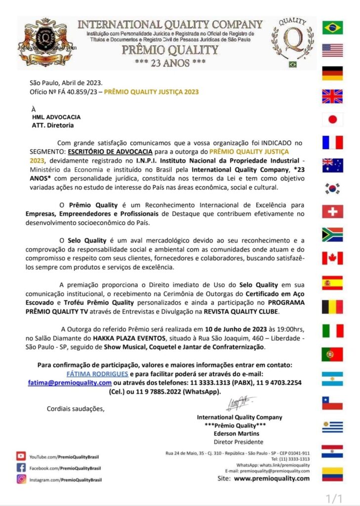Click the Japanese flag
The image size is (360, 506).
pyautogui.click(x=332, y=119)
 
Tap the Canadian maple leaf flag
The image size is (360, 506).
pyautogui.click(x=332, y=258)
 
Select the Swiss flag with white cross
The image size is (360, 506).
pyautogui.click(x=332, y=211)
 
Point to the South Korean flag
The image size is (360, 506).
pyautogui.click(x=332, y=188)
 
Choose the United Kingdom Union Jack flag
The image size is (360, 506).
pyautogui.click(x=332, y=96)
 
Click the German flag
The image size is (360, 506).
pyautogui.click(x=332, y=73)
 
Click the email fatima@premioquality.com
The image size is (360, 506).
pyautogui.click(x=70, y=382)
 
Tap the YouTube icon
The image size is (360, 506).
pyautogui.click(x=21, y=456)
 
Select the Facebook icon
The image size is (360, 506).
pyautogui.click(x=21, y=467)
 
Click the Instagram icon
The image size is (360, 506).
pyautogui.click(x=21, y=479)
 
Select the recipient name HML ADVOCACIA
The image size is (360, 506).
pyautogui.click(x=56, y=117)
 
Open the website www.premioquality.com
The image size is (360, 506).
pyautogui.click(x=272, y=478)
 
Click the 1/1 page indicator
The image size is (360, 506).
pyautogui.click(x=334, y=497)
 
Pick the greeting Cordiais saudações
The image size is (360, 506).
pyautogui.click(x=76, y=408)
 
